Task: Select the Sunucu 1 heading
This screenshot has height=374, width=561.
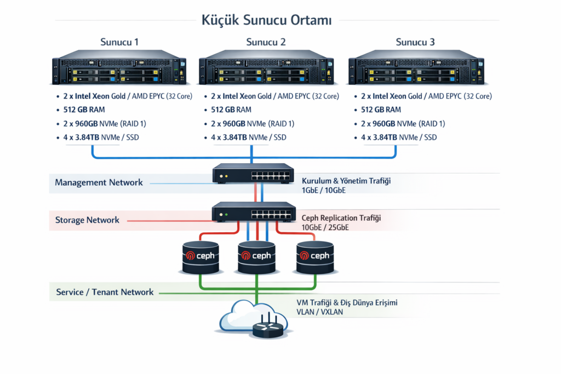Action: tap(119, 42)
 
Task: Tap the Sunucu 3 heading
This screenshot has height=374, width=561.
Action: tap(415, 42)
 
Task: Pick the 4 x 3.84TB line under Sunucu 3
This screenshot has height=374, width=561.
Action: tap(399, 137)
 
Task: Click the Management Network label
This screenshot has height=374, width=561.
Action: tap(99, 182)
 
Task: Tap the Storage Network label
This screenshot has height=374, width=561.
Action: tap(87, 220)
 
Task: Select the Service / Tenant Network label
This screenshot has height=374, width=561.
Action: tap(105, 292)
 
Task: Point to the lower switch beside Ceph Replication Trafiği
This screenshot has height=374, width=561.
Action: tap(253, 212)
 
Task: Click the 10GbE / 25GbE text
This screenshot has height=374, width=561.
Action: tap(325, 227)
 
